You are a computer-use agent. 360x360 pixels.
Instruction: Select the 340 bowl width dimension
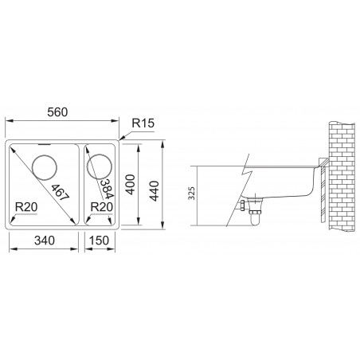43,241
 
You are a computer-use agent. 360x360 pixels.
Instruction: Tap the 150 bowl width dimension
101,241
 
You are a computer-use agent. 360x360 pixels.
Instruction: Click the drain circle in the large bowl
45,168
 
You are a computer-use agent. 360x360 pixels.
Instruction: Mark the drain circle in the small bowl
99,166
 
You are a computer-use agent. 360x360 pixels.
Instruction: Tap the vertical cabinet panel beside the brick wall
320,191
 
